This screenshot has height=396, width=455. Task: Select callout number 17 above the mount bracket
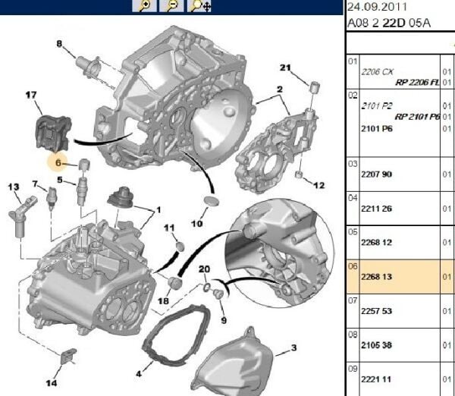point(31,95)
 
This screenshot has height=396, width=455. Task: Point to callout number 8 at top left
point(59,43)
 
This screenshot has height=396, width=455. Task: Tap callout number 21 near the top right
point(285,68)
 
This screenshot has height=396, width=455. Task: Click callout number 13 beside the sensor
point(13,186)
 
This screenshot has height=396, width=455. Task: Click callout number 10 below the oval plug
point(196,224)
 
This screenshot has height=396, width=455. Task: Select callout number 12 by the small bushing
point(318,185)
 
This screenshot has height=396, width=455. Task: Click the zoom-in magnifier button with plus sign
point(144,6)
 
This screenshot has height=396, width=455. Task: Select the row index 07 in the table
point(352,300)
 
